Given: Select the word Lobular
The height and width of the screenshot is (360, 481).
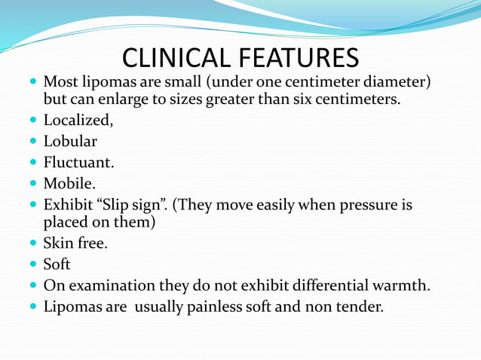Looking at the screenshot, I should (x=70, y=141).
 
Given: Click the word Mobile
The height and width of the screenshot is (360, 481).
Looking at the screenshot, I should (x=69, y=183).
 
